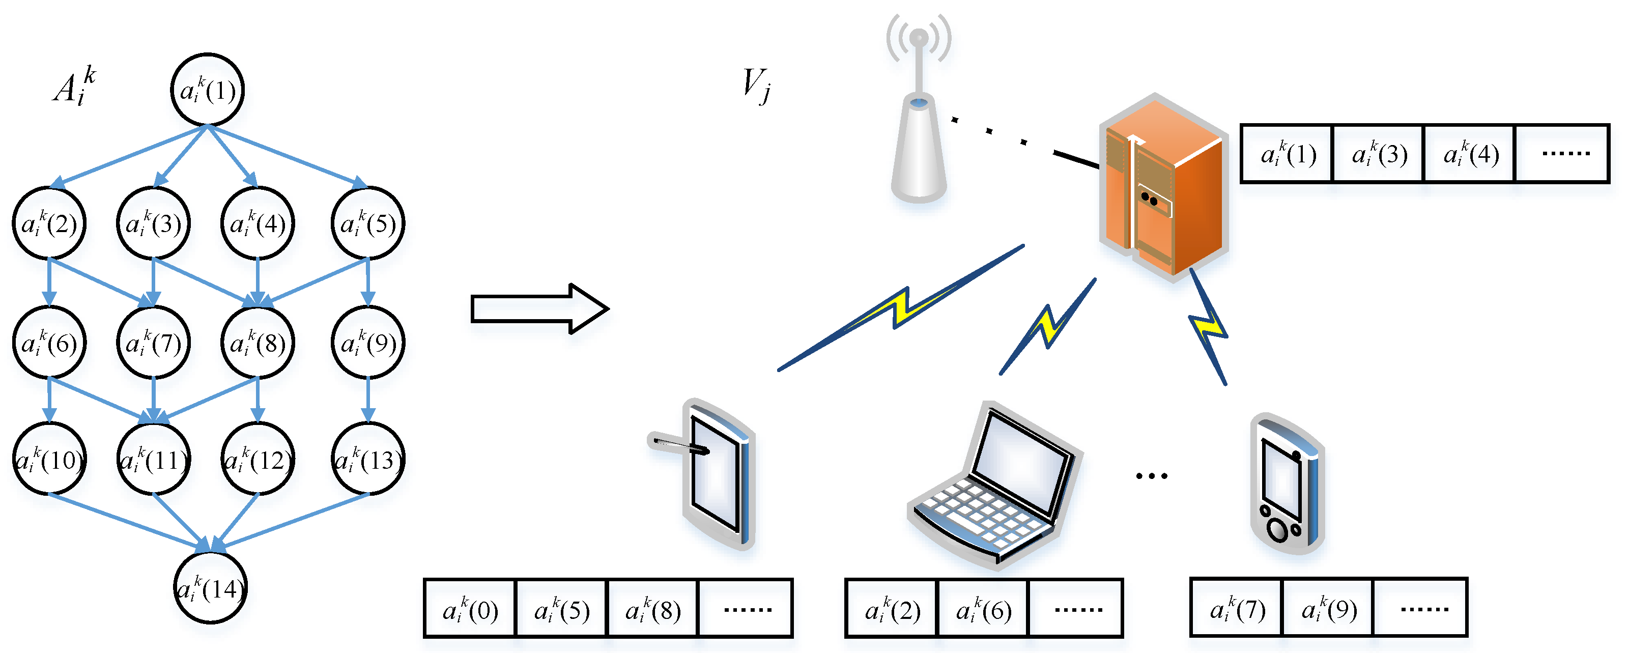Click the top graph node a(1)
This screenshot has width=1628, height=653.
[x=207, y=90]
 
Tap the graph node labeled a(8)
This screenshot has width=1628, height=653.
[x=257, y=343]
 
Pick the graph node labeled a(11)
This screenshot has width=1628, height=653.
[x=154, y=459]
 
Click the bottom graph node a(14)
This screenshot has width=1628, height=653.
[x=210, y=588]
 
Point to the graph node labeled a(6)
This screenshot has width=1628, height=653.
[x=49, y=343]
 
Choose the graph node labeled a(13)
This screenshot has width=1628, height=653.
[x=368, y=459]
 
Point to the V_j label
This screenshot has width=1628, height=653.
[x=756, y=86]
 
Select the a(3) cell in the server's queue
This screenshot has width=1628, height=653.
[x=1378, y=154]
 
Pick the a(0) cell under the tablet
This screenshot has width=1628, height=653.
[x=470, y=609]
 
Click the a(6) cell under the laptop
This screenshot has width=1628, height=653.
[x=983, y=609]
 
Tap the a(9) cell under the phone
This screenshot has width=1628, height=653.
[x=1328, y=608]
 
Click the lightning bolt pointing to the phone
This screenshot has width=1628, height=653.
[x=1208, y=327]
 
